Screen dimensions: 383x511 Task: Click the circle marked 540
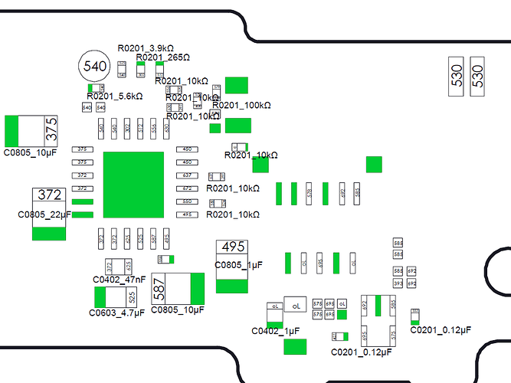tap(96, 67)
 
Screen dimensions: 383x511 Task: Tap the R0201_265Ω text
tap(162, 57)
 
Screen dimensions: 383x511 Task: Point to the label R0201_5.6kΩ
tap(114, 97)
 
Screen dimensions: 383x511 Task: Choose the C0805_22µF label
tap(44, 216)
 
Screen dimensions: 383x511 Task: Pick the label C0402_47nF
tap(119, 280)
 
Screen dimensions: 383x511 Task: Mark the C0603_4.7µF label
tap(116, 313)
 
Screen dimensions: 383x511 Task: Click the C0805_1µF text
tap(238, 265)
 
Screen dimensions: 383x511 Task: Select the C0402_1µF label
tap(275, 331)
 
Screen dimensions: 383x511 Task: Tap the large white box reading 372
tap(49, 196)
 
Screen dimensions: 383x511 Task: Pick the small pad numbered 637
tap(186, 175)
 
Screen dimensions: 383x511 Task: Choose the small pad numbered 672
tap(186, 188)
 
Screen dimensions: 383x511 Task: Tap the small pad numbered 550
tap(186, 201)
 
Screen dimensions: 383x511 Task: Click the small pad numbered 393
tap(398, 283)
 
